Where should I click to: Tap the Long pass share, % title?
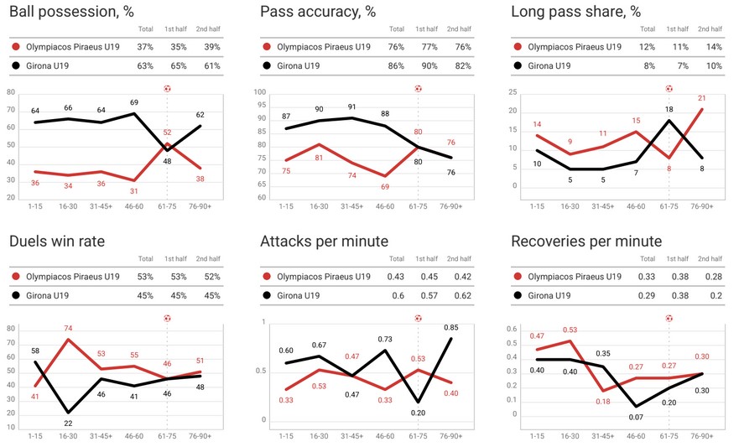576,12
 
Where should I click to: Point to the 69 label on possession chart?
134,102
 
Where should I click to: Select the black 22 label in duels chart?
67,423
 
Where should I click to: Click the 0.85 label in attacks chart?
450,327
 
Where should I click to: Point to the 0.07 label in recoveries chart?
638,417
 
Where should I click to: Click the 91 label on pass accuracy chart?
351,107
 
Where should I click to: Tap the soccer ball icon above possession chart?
167,88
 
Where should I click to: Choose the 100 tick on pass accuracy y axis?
259,93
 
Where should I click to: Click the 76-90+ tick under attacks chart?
450,435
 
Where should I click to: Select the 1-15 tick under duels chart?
35,435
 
